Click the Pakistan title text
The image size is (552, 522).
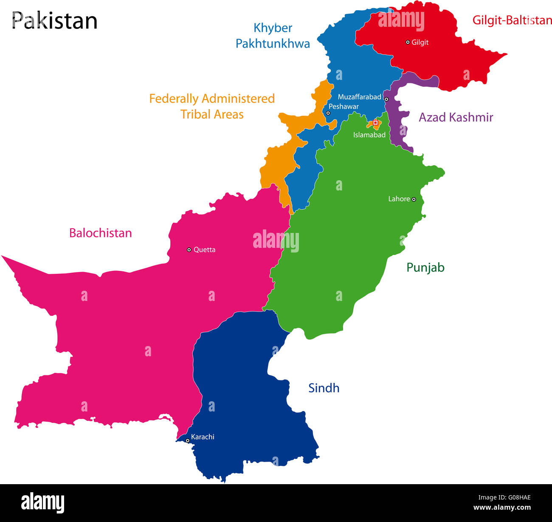coord(54,20)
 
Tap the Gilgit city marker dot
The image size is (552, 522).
coord(408,42)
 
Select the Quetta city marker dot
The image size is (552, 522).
coord(189,250)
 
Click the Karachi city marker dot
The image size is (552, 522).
coord(187,440)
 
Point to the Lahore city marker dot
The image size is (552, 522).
coord(414,199)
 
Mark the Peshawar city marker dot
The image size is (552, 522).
coord(328,113)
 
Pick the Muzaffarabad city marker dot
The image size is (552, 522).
coord(386,99)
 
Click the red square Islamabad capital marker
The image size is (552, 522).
coord(375,122)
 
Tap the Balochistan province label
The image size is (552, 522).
coord(100,233)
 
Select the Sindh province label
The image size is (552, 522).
coord(324,388)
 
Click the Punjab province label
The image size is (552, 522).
coord(425,267)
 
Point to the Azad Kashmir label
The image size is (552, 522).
coord(456,117)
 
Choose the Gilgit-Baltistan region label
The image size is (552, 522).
coord(512,20)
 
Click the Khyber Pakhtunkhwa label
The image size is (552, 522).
coord(273,36)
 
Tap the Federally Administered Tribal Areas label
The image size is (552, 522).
coord(212,106)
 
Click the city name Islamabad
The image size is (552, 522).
coord(369,135)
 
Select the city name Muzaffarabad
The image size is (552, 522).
coord(359,97)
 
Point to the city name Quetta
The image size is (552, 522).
coord(204,250)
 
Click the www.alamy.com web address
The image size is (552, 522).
coord(501,507)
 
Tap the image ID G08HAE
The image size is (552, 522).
coord(504,498)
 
